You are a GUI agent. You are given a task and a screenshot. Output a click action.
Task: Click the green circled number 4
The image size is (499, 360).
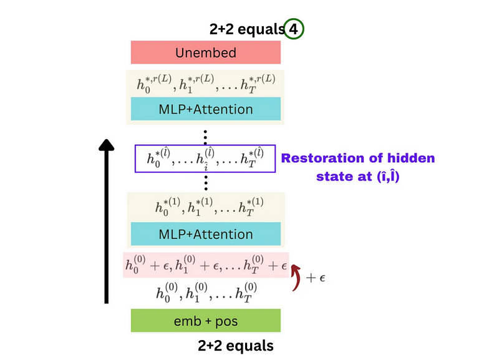click(295, 29)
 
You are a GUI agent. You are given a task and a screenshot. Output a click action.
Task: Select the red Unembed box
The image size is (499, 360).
click(205, 52)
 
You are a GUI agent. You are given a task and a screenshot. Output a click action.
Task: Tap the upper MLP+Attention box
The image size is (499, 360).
click(205, 109)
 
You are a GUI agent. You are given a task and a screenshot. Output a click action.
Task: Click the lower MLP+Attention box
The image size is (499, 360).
click(205, 235)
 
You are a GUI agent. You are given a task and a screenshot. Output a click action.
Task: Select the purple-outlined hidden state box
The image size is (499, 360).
click(205, 159)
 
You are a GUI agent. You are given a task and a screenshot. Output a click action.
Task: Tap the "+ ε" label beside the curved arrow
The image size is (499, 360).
click(316, 276)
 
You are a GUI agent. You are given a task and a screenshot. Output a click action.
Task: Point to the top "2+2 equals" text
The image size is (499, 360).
click(246, 29)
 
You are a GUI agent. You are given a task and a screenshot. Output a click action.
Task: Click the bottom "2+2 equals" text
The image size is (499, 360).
click(236, 345)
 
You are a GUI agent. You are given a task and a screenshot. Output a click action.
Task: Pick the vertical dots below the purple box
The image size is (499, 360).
click(205, 182)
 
